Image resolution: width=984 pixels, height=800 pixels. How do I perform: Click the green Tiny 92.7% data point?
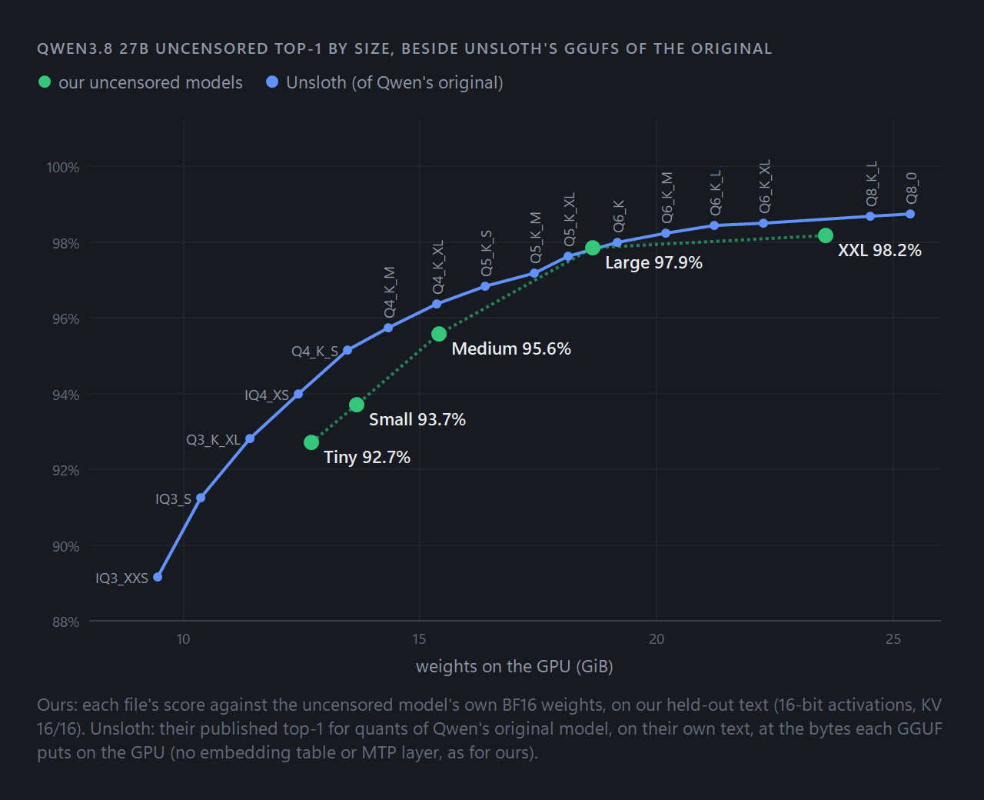311,442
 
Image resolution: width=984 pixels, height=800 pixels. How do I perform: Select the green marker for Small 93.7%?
357,405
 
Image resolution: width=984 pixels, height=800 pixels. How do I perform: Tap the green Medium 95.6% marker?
439,334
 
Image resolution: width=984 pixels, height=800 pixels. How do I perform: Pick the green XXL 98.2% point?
826,235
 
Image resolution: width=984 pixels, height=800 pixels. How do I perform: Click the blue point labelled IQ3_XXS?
158,577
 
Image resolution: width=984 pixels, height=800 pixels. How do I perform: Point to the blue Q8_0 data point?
910,214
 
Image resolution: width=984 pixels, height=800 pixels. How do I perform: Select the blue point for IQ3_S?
201,498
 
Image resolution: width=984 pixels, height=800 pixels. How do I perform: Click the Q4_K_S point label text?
314,352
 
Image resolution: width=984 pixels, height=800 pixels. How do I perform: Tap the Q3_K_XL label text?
214,440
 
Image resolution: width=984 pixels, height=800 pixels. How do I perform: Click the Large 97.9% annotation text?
653,262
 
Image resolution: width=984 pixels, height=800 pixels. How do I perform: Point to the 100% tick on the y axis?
63,167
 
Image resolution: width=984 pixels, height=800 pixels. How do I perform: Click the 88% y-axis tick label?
65,622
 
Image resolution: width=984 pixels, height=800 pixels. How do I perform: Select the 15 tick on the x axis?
419,639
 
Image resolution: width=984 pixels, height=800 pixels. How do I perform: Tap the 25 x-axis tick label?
893,639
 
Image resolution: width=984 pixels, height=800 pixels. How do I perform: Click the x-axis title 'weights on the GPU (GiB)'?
514,667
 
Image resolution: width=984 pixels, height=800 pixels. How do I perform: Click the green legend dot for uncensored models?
45,82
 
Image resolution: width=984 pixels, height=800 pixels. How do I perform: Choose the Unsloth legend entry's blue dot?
272,82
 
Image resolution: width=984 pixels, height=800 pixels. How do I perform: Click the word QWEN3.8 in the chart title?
75,48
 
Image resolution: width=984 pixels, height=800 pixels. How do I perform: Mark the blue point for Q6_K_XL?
763,223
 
